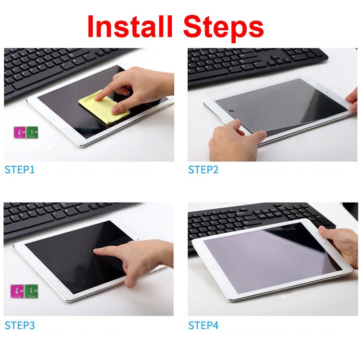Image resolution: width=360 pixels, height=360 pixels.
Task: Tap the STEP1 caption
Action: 20,169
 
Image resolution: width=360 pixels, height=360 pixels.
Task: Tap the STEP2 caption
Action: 203,169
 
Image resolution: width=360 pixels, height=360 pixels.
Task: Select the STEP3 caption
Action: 20,325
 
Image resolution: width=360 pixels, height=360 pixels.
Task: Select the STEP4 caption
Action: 203,325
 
